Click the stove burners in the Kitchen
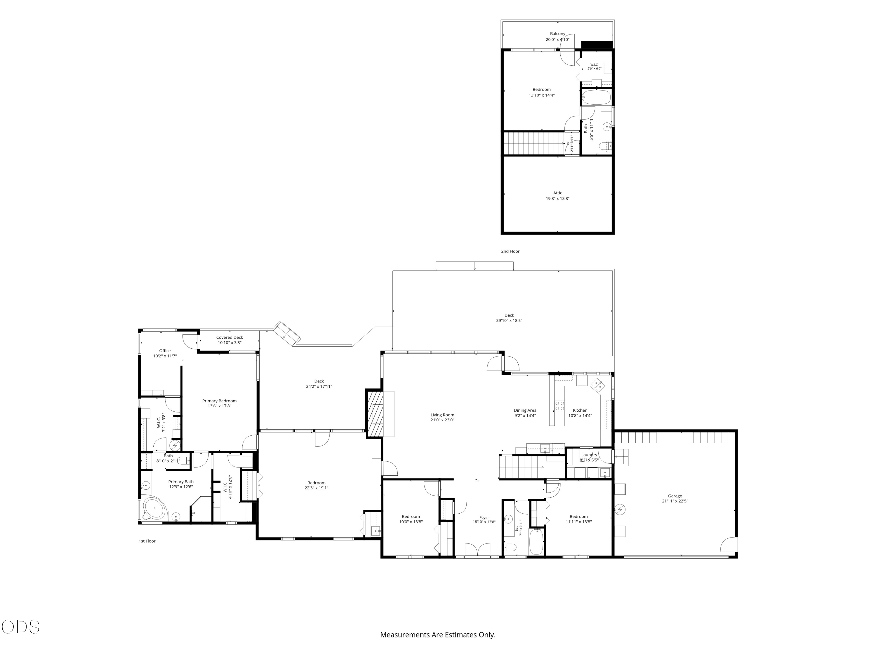click(x=559, y=406)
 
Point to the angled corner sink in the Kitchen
click(x=598, y=384)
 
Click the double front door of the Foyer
click(x=478, y=550)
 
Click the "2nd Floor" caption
click(x=510, y=251)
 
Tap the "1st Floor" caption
click(x=147, y=541)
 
